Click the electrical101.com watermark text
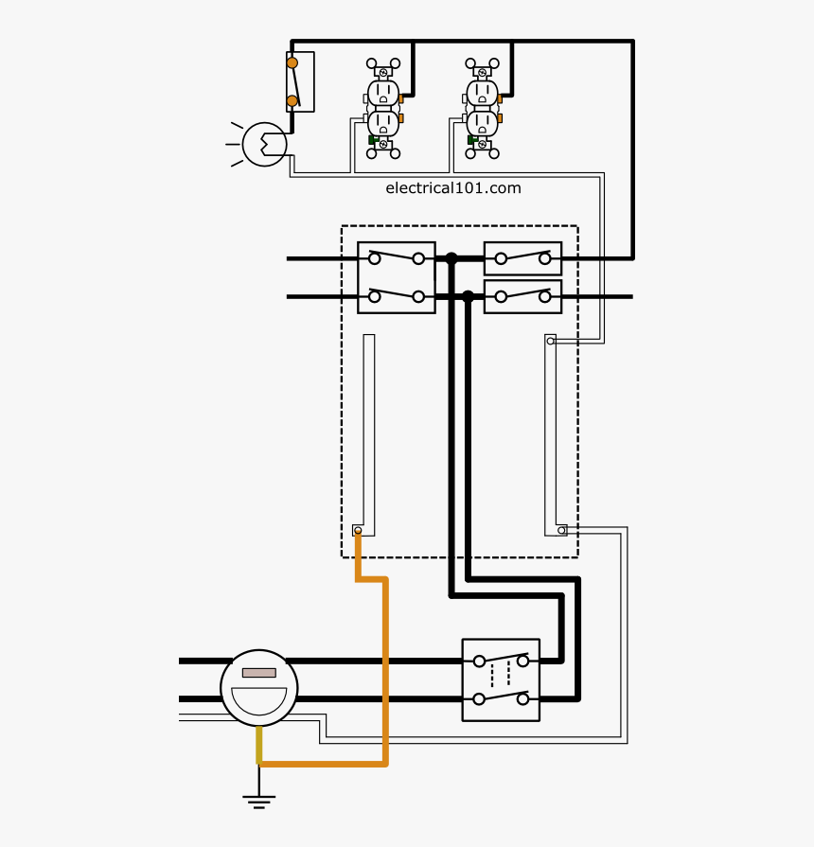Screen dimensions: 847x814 453,187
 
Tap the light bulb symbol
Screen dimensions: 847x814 263,144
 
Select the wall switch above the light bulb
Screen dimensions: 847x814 300,82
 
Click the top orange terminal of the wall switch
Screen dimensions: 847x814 292,63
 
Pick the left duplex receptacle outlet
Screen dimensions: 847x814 383,109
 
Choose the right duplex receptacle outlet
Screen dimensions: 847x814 482,109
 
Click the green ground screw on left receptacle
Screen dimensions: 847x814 372,140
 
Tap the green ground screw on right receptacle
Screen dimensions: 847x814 471,140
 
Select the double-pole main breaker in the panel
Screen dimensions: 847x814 396,277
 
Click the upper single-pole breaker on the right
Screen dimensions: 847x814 522,257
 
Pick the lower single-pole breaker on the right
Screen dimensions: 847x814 522,296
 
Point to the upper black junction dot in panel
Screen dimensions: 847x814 451,257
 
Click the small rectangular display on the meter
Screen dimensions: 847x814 259,673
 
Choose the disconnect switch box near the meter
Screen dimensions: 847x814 501,679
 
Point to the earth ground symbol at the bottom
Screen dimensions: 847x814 258,801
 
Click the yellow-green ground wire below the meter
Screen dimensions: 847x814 258,746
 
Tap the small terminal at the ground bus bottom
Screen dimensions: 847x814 358,531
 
